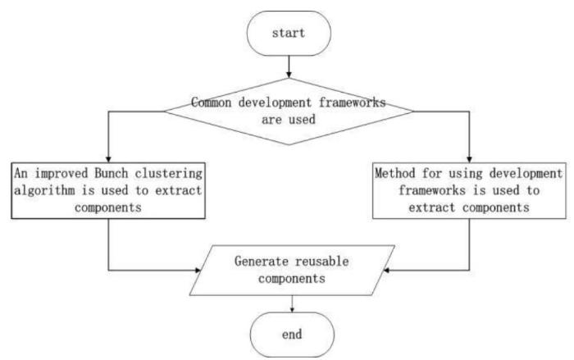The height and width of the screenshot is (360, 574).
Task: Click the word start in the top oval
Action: click(x=289, y=33)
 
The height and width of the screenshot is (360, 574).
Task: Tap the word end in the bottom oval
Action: click(x=292, y=334)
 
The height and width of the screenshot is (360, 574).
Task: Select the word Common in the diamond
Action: click(x=212, y=103)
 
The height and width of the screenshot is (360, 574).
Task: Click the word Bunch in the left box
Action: click(x=112, y=173)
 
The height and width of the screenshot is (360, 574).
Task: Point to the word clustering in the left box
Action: click(x=168, y=174)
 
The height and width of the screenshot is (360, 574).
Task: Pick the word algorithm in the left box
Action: click(x=44, y=191)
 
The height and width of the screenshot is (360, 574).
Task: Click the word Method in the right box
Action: click(x=395, y=173)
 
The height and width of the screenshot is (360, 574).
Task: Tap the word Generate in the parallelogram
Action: click(x=262, y=261)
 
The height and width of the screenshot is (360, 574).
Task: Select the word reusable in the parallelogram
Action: click(x=322, y=261)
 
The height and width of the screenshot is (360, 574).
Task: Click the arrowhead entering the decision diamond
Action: click(x=289, y=75)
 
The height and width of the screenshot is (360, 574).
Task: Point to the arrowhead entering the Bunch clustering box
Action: click(x=108, y=159)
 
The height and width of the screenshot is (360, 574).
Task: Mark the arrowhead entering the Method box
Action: click(x=469, y=159)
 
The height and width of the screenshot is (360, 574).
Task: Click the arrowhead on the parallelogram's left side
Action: click(x=198, y=271)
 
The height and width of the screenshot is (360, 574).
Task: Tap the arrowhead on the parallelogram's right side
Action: click(x=386, y=271)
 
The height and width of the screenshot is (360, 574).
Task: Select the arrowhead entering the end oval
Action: click(x=292, y=310)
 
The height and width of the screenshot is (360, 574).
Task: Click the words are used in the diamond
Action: click(x=289, y=120)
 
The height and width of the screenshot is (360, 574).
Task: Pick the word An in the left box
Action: click(x=20, y=173)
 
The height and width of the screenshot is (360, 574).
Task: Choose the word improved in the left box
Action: click(x=61, y=174)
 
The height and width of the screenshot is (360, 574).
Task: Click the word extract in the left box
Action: click(x=178, y=190)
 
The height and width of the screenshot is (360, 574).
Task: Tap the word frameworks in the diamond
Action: click(x=352, y=103)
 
